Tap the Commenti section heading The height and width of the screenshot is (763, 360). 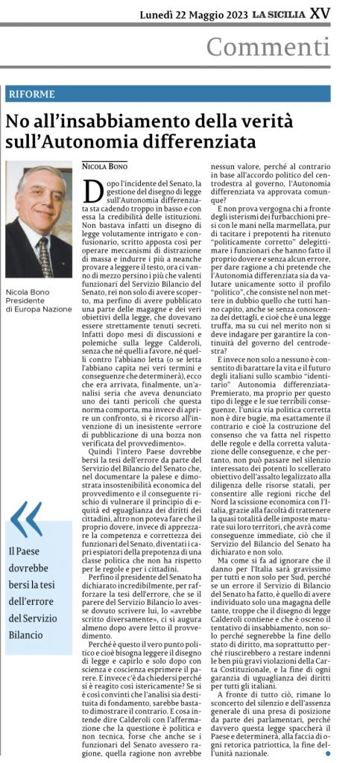(268, 47)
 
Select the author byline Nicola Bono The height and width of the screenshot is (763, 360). (104, 165)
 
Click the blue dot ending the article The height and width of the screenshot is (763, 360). (328, 754)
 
